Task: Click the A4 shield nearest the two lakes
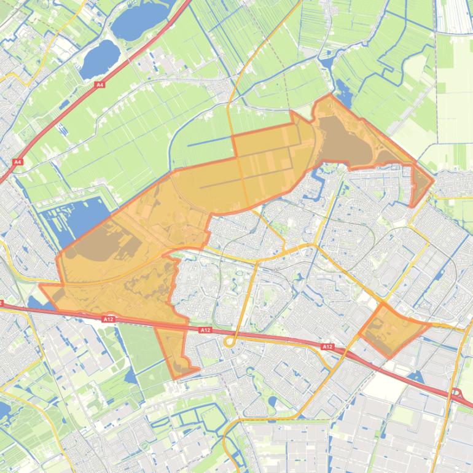click(x=100, y=85)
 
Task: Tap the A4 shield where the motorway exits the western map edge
click(x=17, y=162)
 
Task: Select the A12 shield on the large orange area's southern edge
click(x=109, y=319)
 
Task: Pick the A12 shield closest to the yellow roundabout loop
click(x=205, y=330)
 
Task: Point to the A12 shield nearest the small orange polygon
click(x=327, y=347)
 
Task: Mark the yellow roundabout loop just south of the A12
click(x=230, y=342)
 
